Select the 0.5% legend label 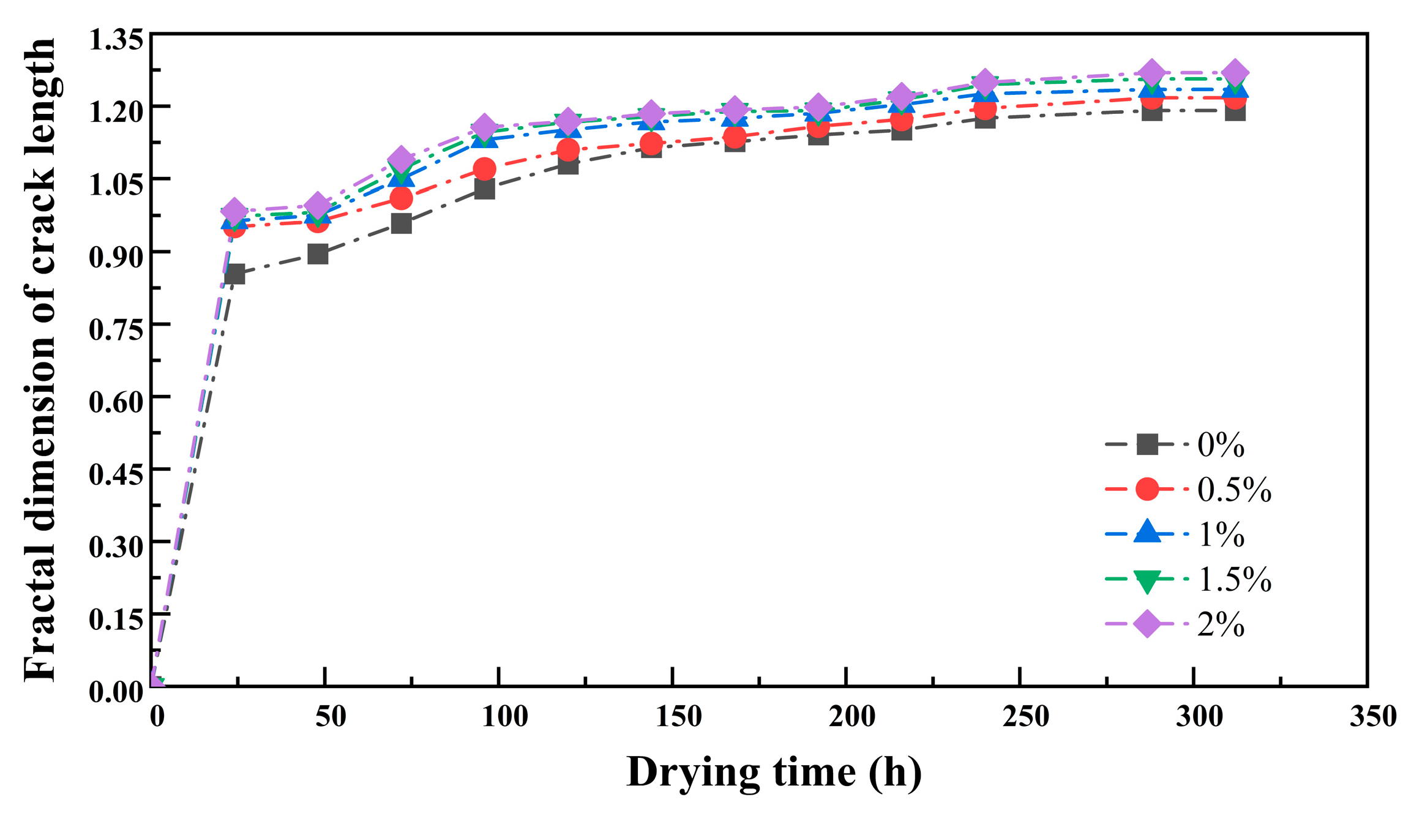click(x=1234, y=490)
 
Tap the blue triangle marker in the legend click(x=1147, y=533)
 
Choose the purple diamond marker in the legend click(x=1147, y=624)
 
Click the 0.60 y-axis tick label click(x=116, y=402)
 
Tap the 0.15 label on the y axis click(x=116, y=619)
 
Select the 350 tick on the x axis click(x=1373, y=716)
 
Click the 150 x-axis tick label click(x=678, y=716)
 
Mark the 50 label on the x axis click(x=331, y=716)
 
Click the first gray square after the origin click(x=234, y=274)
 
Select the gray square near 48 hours click(x=318, y=253)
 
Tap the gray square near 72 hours click(x=401, y=223)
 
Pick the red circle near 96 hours click(x=484, y=169)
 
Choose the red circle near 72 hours click(x=401, y=198)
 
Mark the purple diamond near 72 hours click(x=401, y=159)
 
